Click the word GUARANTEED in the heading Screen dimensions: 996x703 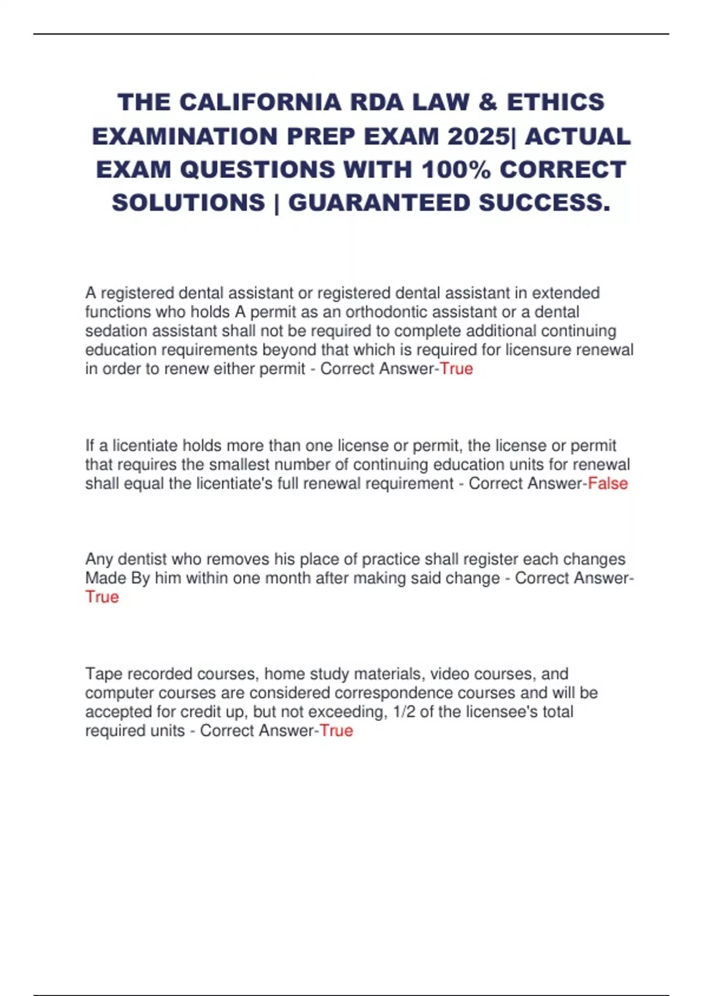click(379, 203)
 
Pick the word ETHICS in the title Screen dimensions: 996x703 click(555, 103)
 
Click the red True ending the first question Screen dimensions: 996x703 click(456, 369)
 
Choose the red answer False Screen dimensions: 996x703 click(608, 483)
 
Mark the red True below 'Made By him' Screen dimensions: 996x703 click(102, 597)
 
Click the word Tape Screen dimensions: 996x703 click(104, 674)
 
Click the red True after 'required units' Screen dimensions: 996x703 click(336, 731)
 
